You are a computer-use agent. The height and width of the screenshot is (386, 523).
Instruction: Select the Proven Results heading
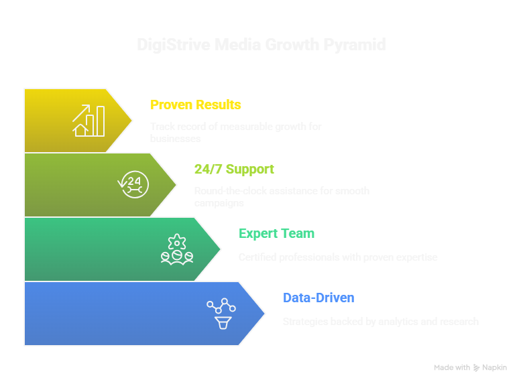196,105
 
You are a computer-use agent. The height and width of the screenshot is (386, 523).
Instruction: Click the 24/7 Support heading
234,169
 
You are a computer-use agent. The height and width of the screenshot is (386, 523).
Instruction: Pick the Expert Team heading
276,233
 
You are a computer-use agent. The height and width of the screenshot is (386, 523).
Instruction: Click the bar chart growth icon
89,121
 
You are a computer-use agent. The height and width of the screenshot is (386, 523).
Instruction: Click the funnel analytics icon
222,313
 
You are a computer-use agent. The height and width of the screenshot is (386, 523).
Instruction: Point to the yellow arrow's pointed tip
132,121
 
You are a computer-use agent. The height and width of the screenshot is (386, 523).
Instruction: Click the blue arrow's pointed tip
266,313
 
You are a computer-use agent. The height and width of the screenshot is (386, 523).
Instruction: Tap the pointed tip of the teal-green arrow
221,249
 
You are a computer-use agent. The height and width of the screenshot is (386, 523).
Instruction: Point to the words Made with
452,367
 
